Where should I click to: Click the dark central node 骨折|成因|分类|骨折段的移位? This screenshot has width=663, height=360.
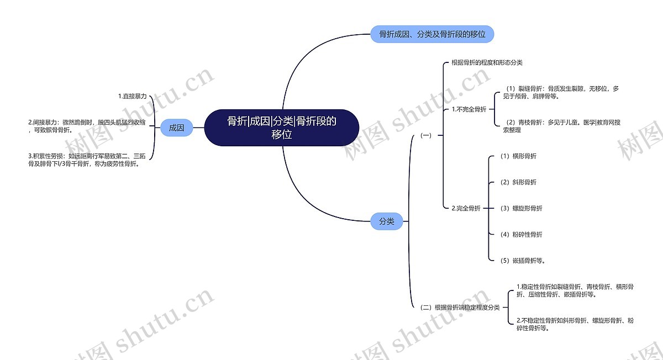point(281,128)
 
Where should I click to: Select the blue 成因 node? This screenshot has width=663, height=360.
point(176,128)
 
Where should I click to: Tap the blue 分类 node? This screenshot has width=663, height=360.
point(386,221)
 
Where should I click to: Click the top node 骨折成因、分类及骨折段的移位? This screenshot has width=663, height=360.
point(432,34)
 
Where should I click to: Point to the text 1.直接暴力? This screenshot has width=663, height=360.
point(133,96)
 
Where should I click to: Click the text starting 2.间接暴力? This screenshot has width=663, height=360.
point(87,126)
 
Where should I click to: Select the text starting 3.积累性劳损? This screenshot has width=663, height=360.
point(87,160)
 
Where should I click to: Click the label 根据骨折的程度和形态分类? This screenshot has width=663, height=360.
point(487,63)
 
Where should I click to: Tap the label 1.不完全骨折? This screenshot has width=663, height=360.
point(469,109)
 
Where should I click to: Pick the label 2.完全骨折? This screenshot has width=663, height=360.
point(466,208)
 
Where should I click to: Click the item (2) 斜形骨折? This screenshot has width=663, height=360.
point(517,182)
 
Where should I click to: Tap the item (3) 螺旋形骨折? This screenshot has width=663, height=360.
point(520,208)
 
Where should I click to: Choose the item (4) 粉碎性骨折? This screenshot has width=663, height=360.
point(520,234)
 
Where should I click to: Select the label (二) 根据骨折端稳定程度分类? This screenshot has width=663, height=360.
point(460,308)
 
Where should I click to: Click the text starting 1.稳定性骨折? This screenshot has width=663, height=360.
point(575,290)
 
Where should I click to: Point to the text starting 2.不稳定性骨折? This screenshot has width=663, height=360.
point(575,324)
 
